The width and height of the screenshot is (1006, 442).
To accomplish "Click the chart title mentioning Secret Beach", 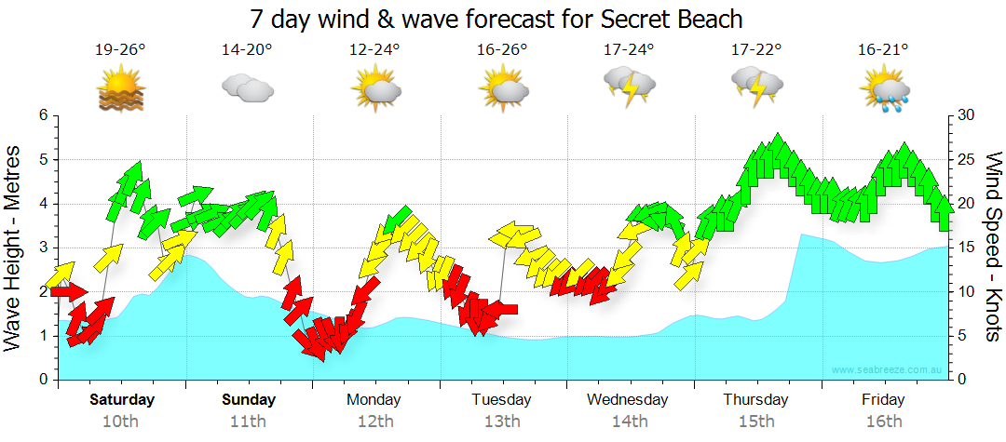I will [496, 19].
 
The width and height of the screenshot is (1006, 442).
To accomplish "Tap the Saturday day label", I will [121, 400].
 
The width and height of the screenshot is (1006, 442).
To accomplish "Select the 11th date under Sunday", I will [248, 422].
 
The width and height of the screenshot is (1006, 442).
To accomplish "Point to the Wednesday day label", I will [628, 400].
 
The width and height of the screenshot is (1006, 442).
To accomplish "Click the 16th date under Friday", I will [883, 422].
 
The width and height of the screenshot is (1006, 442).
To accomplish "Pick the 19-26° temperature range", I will [121, 50].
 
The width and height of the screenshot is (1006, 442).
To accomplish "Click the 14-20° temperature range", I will [248, 50].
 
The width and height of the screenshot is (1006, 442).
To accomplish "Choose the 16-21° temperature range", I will [883, 50].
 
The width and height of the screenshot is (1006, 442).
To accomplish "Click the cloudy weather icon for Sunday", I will [248, 88].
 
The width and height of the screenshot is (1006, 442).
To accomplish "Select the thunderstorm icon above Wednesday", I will [629, 86].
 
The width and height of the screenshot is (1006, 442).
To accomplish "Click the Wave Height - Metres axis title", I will [15, 246].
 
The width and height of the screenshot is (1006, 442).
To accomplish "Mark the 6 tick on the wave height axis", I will [42, 115].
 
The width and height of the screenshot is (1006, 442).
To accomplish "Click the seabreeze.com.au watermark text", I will [889, 369].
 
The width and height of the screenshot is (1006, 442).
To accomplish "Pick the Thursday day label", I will [755, 400].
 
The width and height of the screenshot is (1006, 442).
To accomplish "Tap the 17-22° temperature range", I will [755, 50].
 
